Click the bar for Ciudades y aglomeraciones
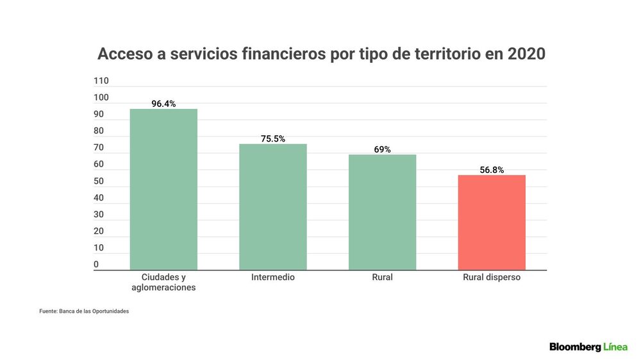(x=163, y=189)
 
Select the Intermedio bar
(x=273, y=207)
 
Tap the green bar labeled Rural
(x=382, y=212)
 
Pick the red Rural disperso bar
(x=492, y=222)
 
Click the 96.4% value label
(x=163, y=104)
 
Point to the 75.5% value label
(x=273, y=139)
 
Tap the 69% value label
(x=382, y=149)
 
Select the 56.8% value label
(x=492, y=170)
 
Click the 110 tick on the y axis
(x=101, y=81)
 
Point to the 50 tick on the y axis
(x=99, y=181)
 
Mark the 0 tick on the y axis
(x=96, y=265)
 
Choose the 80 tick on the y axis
(x=99, y=131)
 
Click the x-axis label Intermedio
(x=272, y=277)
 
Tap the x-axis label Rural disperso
(x=492, y=277)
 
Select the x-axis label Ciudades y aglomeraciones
(x=163, y=282)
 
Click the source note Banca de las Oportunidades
(x=94, y=311)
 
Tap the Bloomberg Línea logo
(x=588, y=347)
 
